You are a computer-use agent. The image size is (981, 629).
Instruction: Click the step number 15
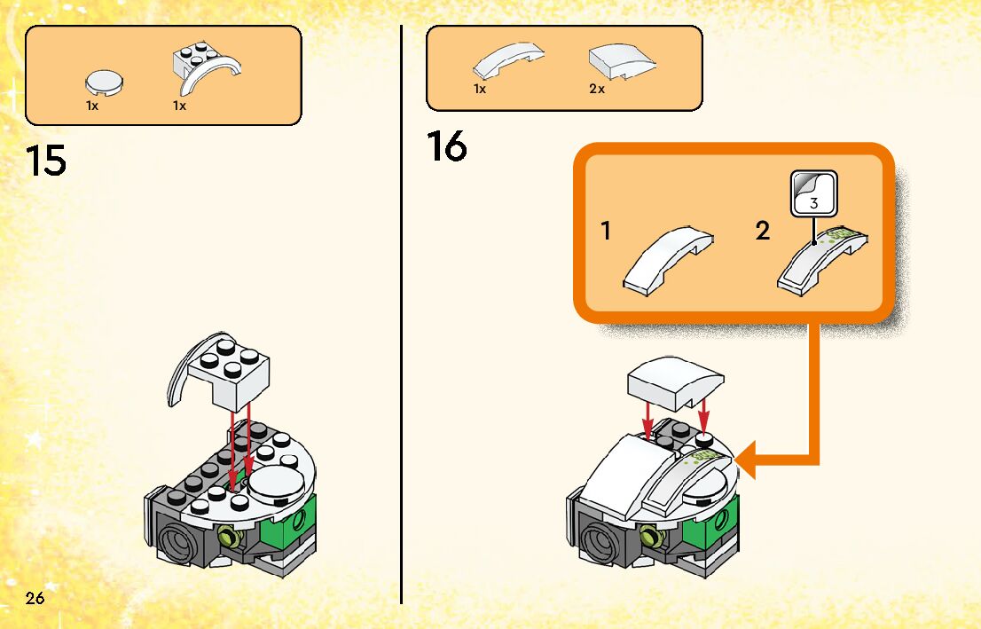click(45, 161)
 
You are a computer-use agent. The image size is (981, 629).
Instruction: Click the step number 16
click(447, 145)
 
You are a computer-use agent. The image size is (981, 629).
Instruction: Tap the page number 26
click(35, 598)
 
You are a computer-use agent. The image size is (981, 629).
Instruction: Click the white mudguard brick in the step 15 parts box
click(206, 67)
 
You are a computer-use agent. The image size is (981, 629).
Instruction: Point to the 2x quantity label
click(597, 89)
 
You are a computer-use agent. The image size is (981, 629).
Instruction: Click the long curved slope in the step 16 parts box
click(507, 60)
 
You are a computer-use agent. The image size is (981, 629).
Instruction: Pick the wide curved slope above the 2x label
click(622, 62)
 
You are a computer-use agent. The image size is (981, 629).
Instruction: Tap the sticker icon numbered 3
click(813, 194)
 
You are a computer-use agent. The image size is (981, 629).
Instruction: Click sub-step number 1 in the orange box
click(605, 231)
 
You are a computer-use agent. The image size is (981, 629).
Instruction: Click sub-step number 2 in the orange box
click(762, 231)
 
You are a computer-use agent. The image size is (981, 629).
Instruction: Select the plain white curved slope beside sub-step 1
click(667, 260)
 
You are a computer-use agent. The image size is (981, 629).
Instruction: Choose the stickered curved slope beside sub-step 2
click(822, 260)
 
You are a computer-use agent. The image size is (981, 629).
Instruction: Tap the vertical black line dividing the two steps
click(400, 314)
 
